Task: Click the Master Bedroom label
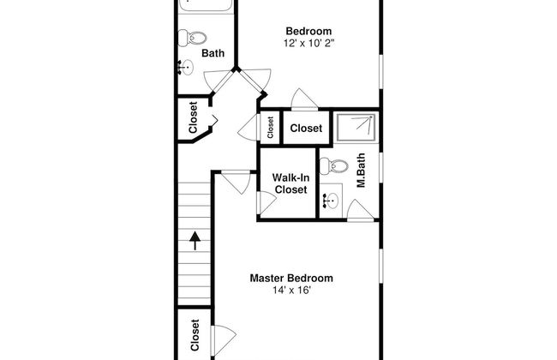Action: (291, 278)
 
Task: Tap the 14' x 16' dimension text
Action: (291, 291)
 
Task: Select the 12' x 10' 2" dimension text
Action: (309, 43)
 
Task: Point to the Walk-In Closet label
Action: (290, 183)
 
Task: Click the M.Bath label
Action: (361, 170)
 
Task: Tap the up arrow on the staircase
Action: (195, 241)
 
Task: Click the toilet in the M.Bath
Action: (334, 166)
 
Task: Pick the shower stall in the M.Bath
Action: (356, 127)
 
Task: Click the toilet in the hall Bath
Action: (192, 38)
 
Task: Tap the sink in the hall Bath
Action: (185, 67)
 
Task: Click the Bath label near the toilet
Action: (213, 53)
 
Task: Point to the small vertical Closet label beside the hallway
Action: (270, 128)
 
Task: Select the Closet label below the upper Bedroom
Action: (306, 128)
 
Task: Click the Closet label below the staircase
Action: (195, 335)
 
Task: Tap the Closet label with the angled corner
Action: (193, 117)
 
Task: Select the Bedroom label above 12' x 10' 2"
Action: (308, 31)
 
